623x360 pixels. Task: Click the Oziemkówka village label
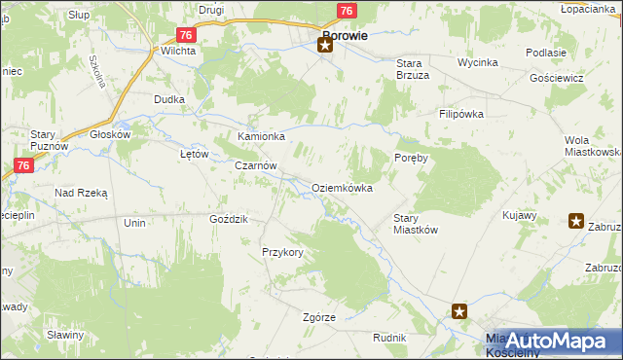(342, 188)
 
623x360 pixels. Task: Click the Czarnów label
(256, 166)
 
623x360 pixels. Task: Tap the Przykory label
(283, 252)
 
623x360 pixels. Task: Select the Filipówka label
(460, 114)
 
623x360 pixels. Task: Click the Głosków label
(110, 135)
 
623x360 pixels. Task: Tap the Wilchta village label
(178, 51)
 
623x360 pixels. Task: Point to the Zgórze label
(319, 318)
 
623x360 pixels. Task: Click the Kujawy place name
(521, 215)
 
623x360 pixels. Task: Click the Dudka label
(169, 99)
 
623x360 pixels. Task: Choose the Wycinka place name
(478, 62)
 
